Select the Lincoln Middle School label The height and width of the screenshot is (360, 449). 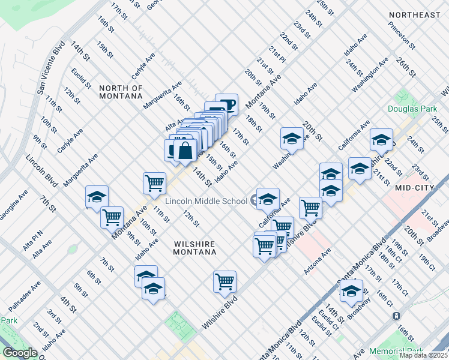tap(206, 200)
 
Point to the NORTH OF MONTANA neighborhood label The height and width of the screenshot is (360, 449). tap(121, 92)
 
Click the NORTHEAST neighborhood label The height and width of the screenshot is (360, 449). tap(414, 15)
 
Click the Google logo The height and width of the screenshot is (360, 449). tap(20, 353)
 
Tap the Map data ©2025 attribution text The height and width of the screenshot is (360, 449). tap(423, 355)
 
